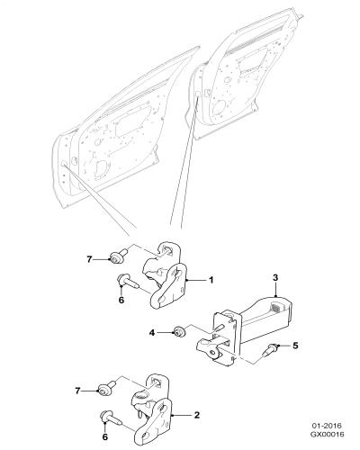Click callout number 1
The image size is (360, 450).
pyautogui.click(x=211, y=280)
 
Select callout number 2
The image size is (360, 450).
pyautogui.click(x=197, y=415)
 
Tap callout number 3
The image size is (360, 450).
pyautogui.click(x=275, y=277)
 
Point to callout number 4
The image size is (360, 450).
pyautogui.click(x=152, y=333)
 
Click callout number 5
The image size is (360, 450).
pyautogui.click(x=295, y=346)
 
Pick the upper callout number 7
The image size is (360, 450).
pyautogui.click(x=89, y=259)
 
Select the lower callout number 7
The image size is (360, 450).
pyautogui.click(x=77, y=391)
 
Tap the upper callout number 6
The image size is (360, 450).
pyautogui.click(x=121, y=300)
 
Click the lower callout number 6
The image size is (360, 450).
pyautogui.click(x=104, y=437)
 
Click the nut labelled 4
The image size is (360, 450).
pyautogui.click(x=180, y=331)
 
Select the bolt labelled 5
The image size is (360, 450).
pyautogui.click(x=271, y=349)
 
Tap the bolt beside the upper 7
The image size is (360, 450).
pyautogui.click(x=117, y=256)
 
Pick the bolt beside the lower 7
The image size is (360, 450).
pyautogui.click(x=105, y=388)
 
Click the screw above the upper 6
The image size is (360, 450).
pyautogui.click(x=127, y=282)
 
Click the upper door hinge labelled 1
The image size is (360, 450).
pyautogui.click(x=166, y=276)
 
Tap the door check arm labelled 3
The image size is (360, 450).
pyautogui.click(x=244, y=328)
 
